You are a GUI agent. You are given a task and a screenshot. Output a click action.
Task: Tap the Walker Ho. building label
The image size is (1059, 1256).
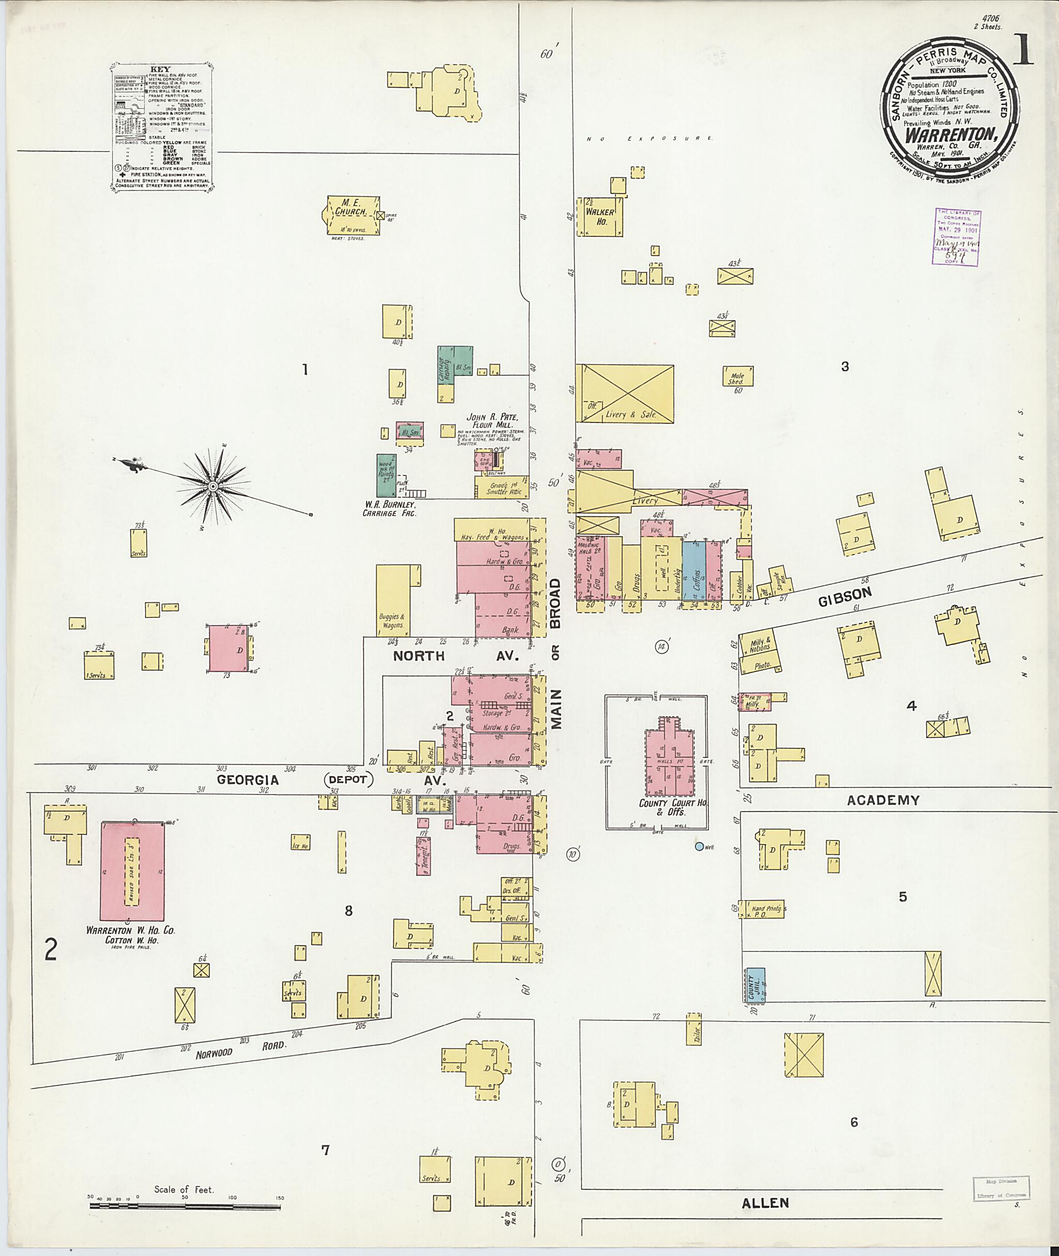click(x=600, y=217)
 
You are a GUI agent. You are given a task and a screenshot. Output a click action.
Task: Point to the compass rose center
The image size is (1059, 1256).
click(x=213, y=485)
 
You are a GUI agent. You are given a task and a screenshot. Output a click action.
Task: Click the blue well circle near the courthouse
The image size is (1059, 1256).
click(x=698, y=846)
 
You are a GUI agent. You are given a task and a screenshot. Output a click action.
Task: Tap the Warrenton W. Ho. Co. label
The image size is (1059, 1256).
click(x=130, y=930)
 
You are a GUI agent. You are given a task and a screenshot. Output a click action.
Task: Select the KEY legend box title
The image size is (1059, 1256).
click(x=161, y=68)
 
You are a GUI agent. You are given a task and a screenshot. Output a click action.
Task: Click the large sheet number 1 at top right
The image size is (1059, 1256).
click(x=1022, y=50)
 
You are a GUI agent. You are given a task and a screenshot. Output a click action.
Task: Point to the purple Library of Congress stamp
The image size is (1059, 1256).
click(x=958, y=236)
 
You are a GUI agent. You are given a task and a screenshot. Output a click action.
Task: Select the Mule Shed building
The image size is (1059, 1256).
click(x=737, y=376)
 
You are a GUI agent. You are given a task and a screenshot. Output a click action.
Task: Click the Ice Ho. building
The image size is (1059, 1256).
click(x=300, y=842)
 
